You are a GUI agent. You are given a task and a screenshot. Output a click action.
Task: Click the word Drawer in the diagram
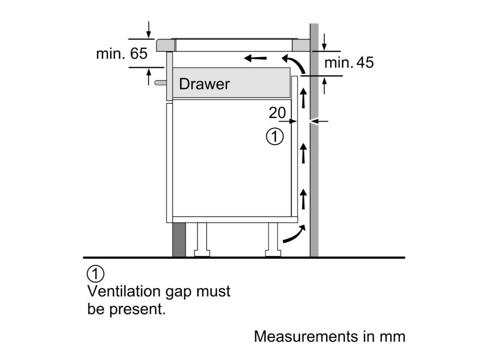click(204, 84)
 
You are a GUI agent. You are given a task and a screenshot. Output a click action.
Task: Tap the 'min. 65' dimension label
click(122, 54)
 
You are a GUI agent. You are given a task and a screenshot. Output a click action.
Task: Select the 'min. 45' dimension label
click(348, 63)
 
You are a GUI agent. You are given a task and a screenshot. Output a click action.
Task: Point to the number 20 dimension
click(277, 113)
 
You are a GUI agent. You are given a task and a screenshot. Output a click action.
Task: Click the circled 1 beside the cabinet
click(275, 137)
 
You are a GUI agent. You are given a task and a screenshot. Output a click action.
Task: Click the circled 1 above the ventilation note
click(96, 274)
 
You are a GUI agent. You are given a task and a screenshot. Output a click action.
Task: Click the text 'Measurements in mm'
click(329, 336)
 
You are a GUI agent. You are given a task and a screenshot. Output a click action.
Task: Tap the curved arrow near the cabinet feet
click(294, 235)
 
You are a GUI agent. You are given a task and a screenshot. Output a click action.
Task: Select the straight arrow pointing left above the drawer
click(255, 59)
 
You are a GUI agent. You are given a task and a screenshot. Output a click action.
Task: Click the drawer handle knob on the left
click(160, 81)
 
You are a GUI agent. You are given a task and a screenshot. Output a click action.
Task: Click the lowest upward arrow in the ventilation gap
click(303, 199)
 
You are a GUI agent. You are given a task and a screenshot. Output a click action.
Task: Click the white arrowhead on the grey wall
click(314, 121)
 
